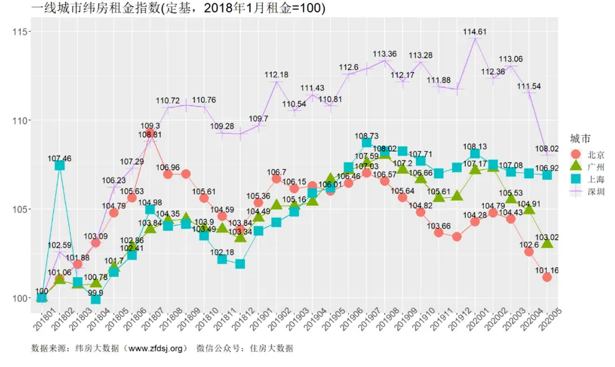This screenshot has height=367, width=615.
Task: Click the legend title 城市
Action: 580,138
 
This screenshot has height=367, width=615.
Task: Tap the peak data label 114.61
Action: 475,31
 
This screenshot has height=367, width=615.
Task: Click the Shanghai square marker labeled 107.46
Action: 60,165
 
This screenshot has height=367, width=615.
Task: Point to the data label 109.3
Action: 150,126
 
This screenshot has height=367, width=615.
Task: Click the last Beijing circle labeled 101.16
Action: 546,277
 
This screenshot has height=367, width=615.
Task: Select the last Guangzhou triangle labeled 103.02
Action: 546,244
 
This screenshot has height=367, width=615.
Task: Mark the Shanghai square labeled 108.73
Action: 367,143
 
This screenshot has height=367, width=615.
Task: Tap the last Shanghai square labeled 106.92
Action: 546,175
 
